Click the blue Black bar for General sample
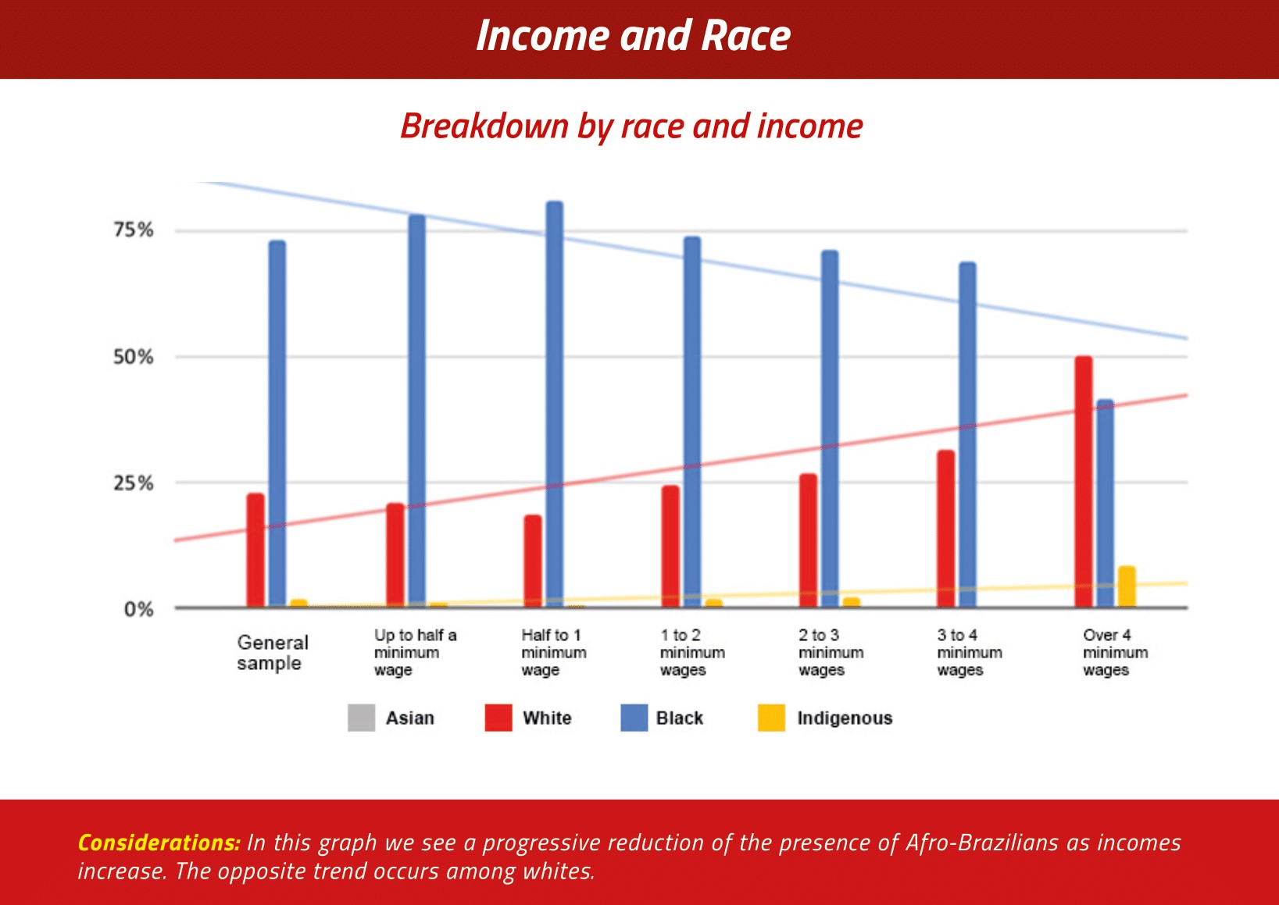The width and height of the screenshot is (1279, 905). click(x=277, y=423)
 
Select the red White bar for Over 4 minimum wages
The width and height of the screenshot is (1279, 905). click(x=1083, y=482)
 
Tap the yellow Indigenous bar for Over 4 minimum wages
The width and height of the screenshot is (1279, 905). click(x=1127, y=586)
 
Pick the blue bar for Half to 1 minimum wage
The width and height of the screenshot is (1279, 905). click(x=555, y=404)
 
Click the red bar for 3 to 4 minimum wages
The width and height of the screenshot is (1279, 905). click(x=945, y=529)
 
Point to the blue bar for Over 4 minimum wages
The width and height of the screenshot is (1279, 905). click(x=1105, y=504)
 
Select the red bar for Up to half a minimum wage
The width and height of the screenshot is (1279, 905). click(x=395, y=555)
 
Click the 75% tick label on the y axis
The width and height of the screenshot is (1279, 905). click(x=134, y=230)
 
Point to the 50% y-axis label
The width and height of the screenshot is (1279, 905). click(x=134, y=357)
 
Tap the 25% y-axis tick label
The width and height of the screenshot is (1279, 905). click(x=134, y=483)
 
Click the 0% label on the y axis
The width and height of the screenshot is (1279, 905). click(x=139, y=609)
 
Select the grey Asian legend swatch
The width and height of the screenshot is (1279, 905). click(x=362, y=718)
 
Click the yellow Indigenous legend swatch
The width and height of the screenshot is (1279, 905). click(x=771, y=718)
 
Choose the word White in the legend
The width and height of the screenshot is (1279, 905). click(x=547, y=718)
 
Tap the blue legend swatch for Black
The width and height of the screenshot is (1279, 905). click(x=634, y=718)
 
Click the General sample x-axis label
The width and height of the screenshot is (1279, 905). click(x=273, y=653)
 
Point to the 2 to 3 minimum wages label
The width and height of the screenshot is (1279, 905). click(x=831, y=652)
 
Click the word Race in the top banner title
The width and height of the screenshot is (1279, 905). click(x=745, y=36)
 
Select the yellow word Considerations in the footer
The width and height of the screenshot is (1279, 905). click(x=159, y=843)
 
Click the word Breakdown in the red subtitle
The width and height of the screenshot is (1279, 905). click(x=484, y=126)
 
